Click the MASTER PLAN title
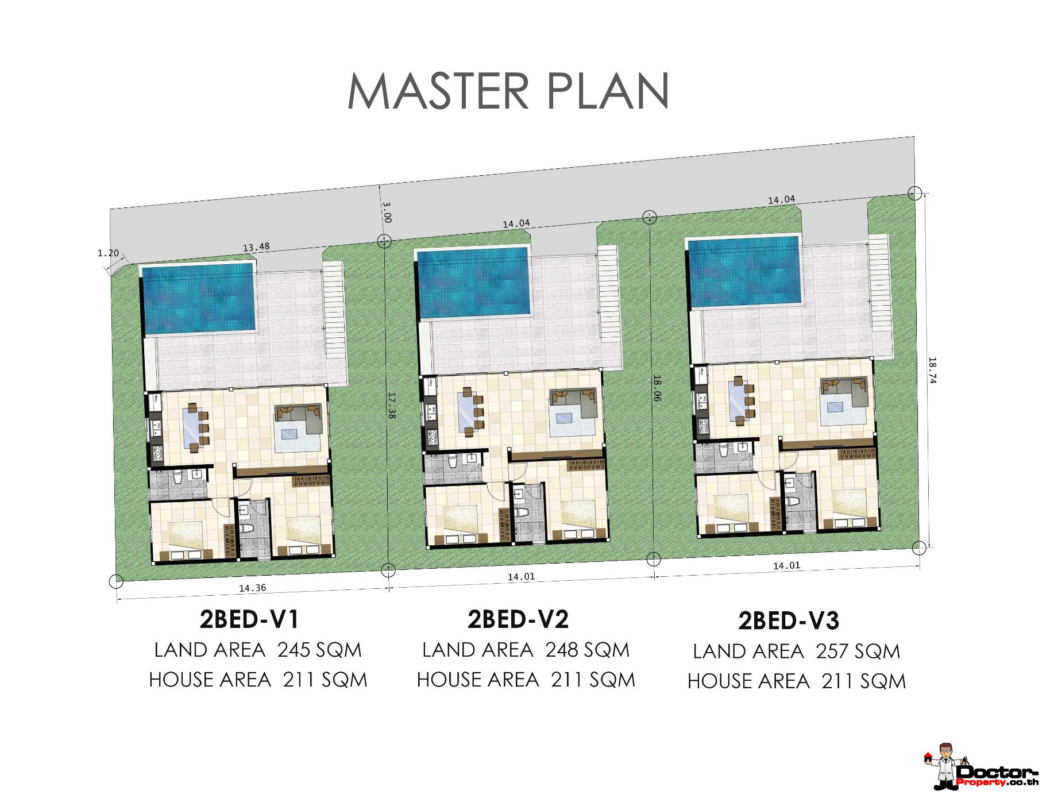point(508,91)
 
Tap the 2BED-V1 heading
point(249,619)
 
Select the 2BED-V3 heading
point(788,620)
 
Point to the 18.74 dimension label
point(932,371)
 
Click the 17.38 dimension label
point(391,405)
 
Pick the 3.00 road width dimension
point(387,212)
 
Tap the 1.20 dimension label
point(108,253)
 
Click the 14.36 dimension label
point(253,588)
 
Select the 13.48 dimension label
point(256,248)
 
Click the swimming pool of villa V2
point(473,282)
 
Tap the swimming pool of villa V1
point(198,298)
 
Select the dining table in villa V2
point(466,412)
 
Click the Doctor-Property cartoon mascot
point(945,766)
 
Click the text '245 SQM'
point(320,650)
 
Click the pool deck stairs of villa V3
point(879,296)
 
